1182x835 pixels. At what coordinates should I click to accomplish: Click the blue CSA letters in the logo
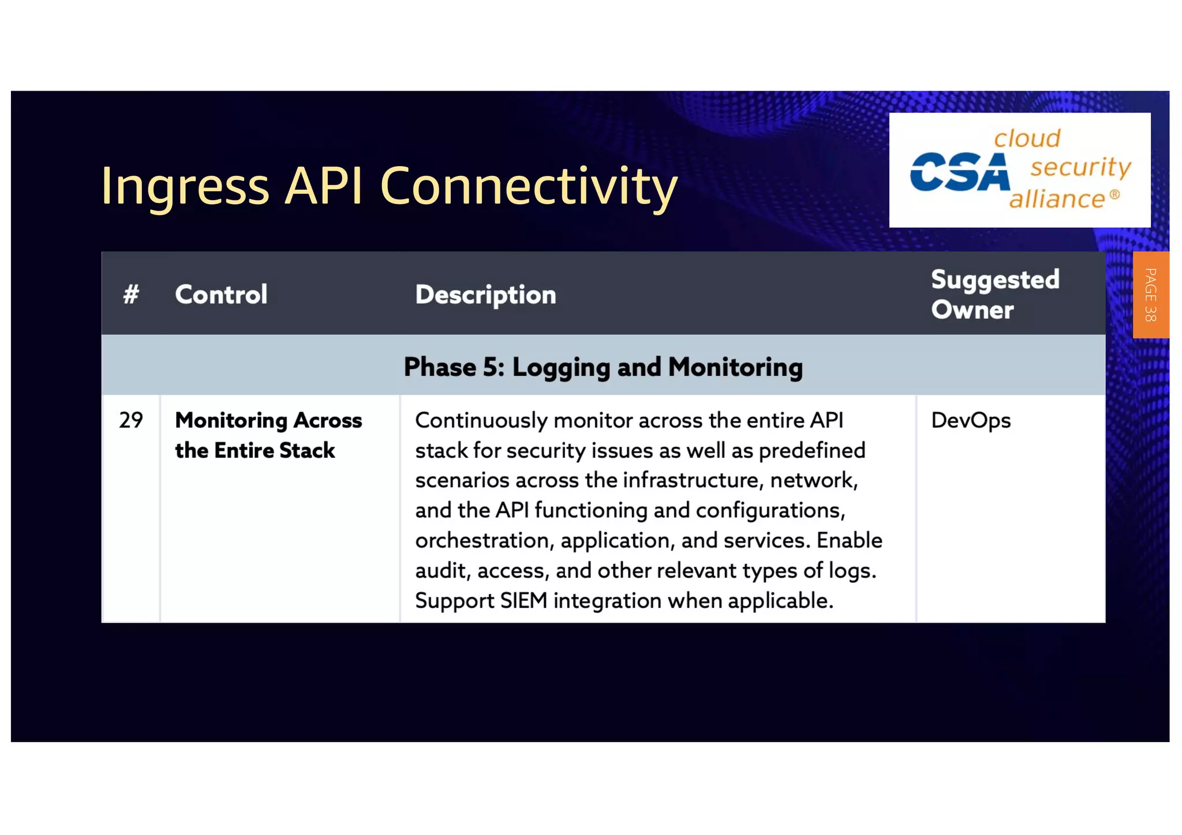point(959,172)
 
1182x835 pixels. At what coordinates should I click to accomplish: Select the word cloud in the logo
point(1027,138)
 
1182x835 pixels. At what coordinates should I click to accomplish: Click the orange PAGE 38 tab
point(1150,295)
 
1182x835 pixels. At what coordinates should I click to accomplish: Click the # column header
point(131,295)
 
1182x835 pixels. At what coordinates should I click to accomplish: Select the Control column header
point(221,295)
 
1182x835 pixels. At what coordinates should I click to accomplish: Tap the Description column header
point(485,295)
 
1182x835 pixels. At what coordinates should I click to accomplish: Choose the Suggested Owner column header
point(994,294)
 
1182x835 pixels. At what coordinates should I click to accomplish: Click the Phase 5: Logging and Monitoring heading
point(603,367)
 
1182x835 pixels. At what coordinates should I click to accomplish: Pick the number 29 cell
point(131,420)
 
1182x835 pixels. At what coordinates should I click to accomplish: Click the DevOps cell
point(971,420)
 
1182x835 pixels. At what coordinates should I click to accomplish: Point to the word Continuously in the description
point(481,420)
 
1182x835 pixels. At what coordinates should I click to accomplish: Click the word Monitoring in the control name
point(231,420)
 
